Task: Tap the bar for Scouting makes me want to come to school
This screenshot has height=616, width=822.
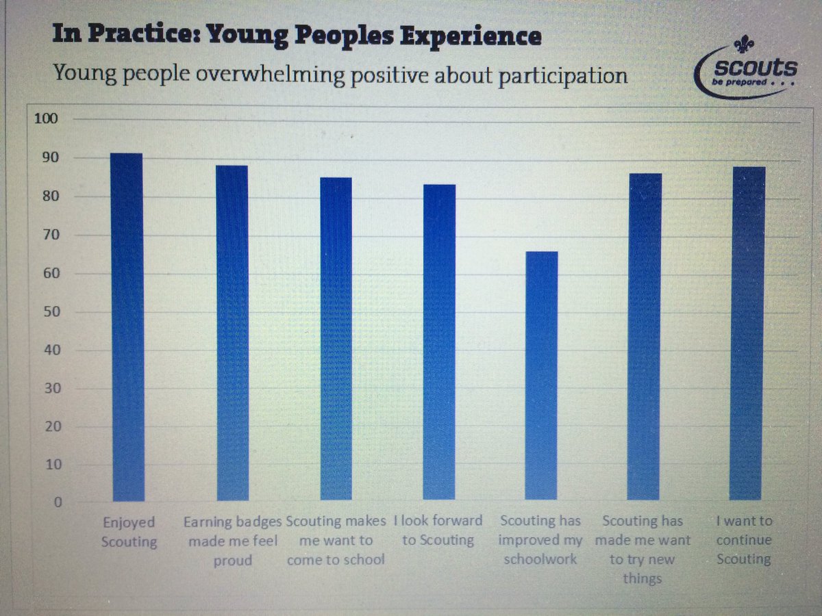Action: [x=336, y=338]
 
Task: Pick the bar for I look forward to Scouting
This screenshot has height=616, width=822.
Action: [x=439, y=342]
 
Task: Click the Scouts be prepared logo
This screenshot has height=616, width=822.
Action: [x=747, y=68]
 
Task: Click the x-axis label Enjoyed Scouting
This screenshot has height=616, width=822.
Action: [x=129, y=532]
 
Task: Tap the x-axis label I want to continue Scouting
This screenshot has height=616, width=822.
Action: [x=744, y=540]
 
